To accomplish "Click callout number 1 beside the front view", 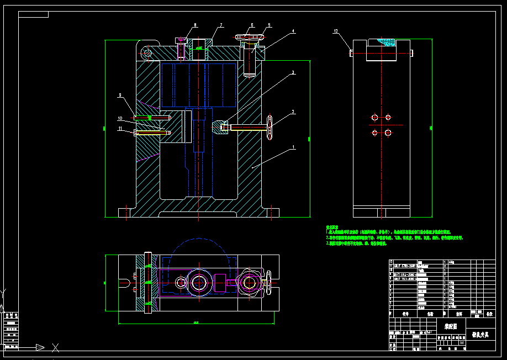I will pyautogui.click(x=294, y=147).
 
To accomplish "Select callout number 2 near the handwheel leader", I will pyautogui.click(x=293, y=112).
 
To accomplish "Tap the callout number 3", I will pyautogui.click(x=293, y=72).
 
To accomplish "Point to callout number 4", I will pyautogui.click(x=293, y=31).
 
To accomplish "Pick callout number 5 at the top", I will pyautogui.click(x=269, y=25).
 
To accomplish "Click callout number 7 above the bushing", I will pyautogui.click(x=220, y=25).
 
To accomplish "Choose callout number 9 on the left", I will pyautogui.click(x=119, y=96).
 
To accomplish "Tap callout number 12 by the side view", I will pyautogui.click(x=335, y=31).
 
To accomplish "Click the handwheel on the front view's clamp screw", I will pyautogui.click(x=270, y=128).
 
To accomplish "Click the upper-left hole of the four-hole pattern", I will pyautogui.click(x=375, y=117).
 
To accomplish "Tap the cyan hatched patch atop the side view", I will pyautogui.click(x=387, y=42).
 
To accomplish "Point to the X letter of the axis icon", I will pyautogui.click(x=55, y=347).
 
